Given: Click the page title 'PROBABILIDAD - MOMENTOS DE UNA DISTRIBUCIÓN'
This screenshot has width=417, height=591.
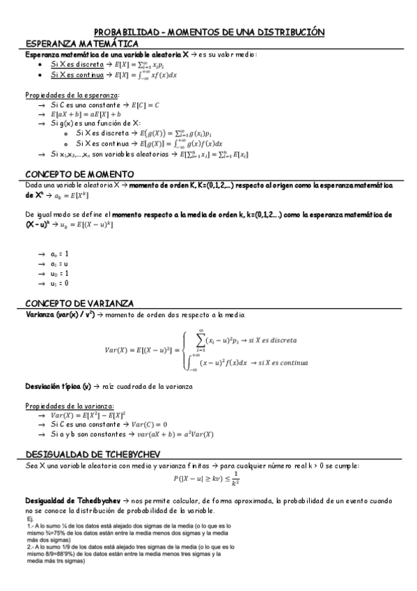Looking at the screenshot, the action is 209,32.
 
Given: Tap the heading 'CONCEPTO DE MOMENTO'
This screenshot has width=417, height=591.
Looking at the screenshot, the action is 79,174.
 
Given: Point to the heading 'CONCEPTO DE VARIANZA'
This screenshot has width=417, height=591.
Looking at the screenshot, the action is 79,303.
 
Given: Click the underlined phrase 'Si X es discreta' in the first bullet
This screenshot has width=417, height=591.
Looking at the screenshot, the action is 77,63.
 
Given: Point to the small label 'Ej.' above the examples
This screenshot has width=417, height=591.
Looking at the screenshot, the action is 30,519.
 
